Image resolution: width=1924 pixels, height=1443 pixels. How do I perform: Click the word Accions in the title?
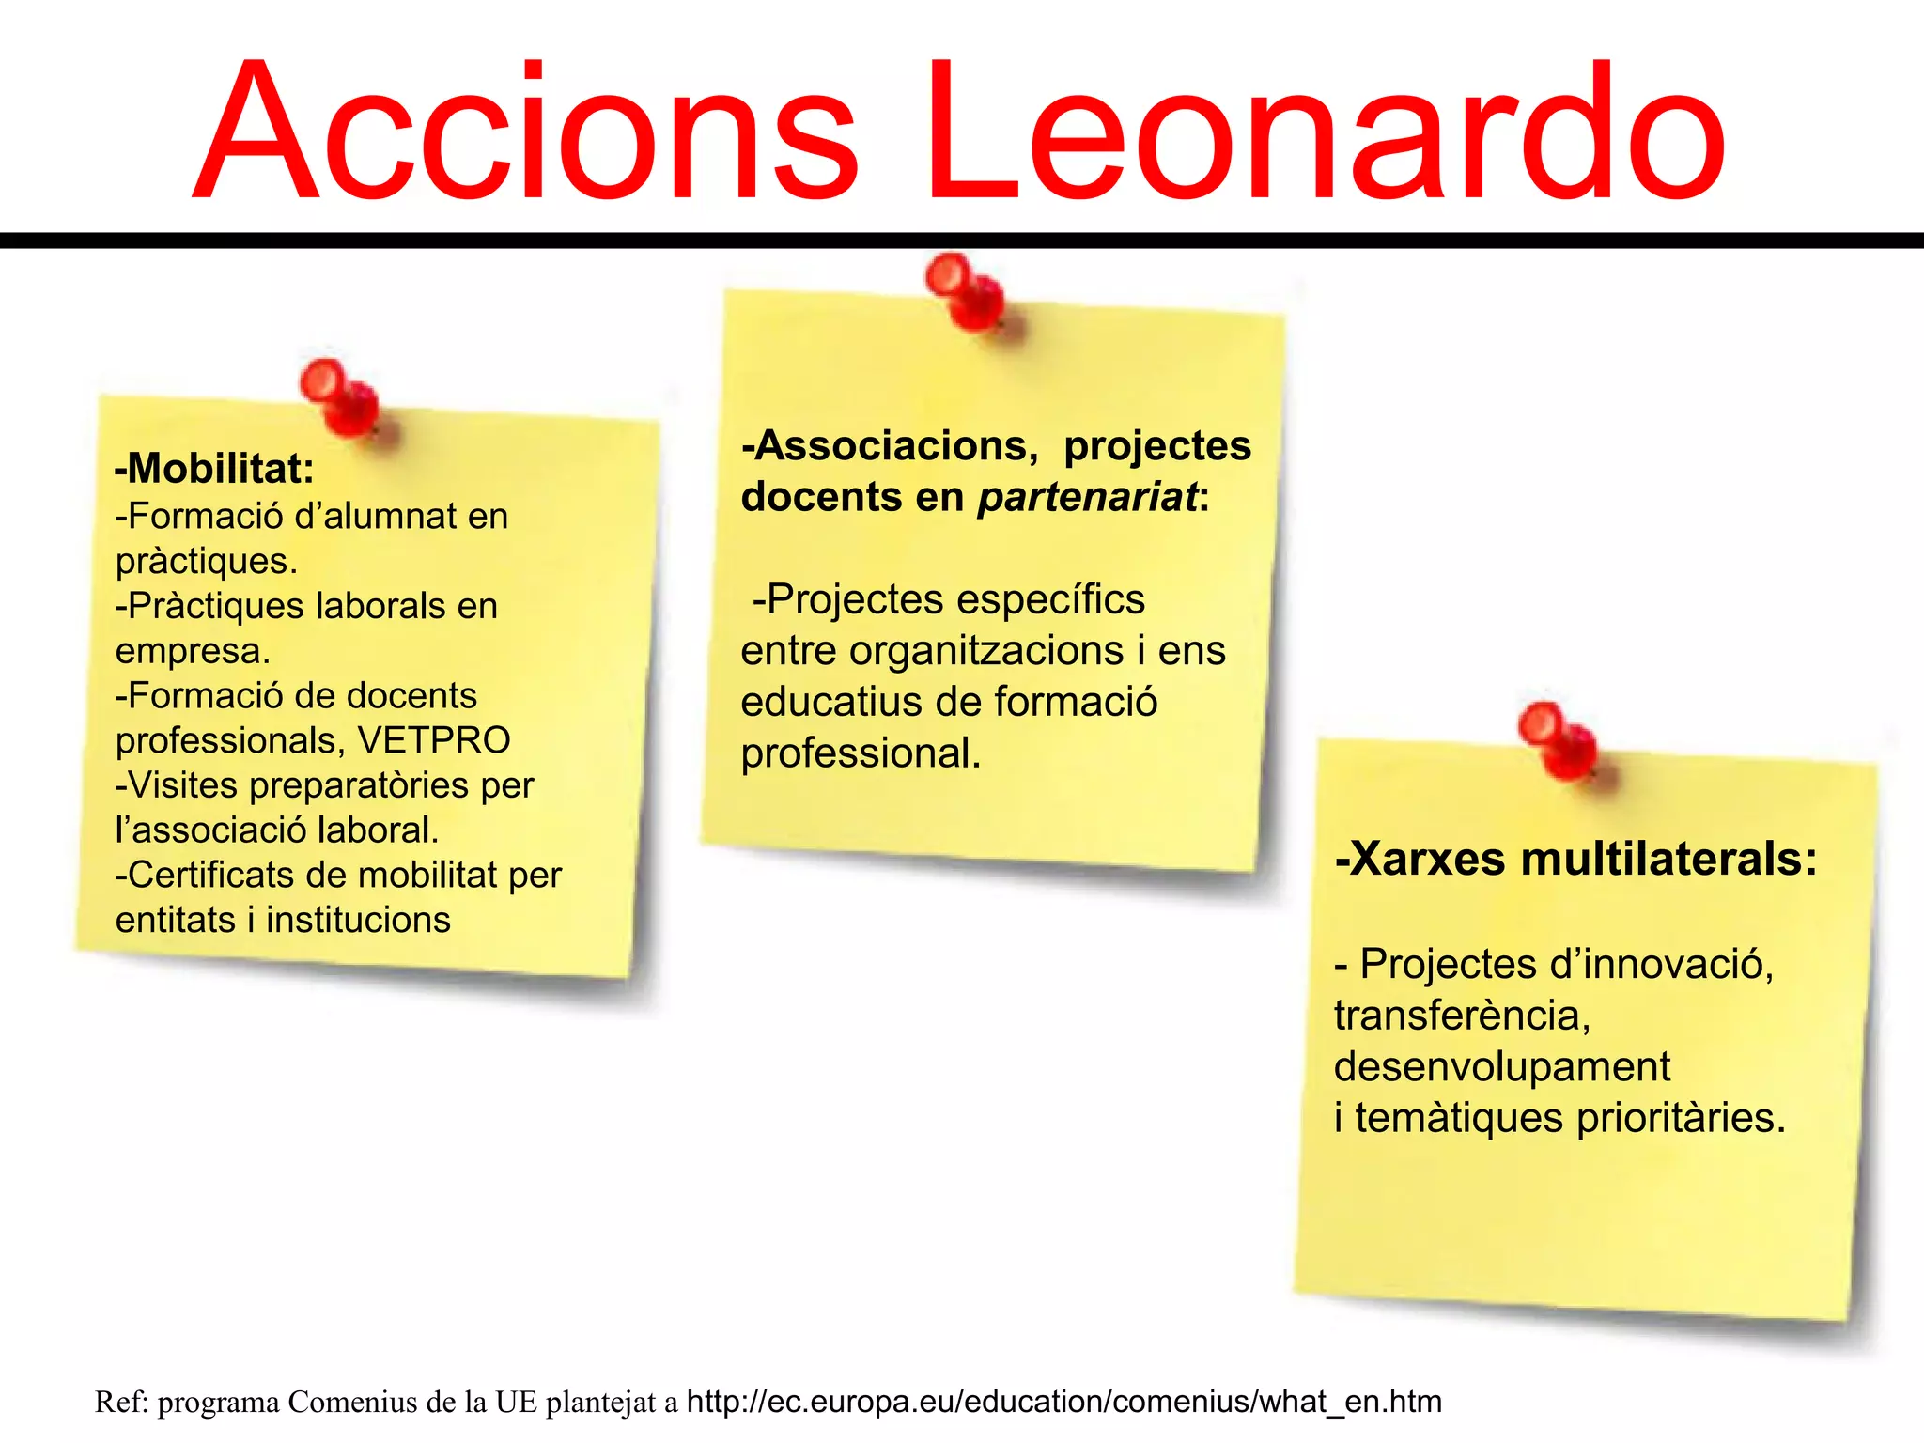coord(526,132)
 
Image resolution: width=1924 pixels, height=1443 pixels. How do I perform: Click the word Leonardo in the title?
coord(1325,132)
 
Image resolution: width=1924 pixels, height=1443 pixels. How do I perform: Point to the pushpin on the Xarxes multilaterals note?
coord(1558,741)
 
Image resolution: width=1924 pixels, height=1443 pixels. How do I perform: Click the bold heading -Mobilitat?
coord(214,468)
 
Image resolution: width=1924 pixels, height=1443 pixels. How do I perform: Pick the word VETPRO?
coord(434,740)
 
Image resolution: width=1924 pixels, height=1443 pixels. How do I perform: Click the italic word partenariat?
coord(1088,496)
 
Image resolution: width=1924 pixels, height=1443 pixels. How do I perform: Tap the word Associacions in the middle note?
coord(896,445)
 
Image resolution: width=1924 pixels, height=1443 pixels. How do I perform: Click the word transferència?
coord(1462,1016)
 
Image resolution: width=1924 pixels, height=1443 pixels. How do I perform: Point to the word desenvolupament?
coord(1501,1067)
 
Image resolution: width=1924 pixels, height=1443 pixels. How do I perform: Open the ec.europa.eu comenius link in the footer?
coord(1063,1402)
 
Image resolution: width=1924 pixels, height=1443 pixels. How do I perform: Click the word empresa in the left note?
coord(193,650)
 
